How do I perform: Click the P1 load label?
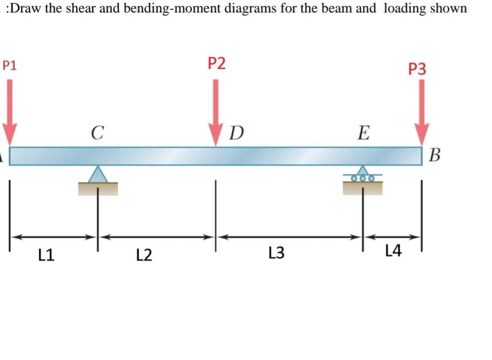9,66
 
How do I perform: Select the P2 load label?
217,63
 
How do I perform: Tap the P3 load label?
417,69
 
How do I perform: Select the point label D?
236,132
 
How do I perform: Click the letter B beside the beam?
436,157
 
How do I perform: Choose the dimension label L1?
47,254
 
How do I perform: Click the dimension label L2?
144,254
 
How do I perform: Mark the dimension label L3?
276,252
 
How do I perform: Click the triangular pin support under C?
98,175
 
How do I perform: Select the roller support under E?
363,176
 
